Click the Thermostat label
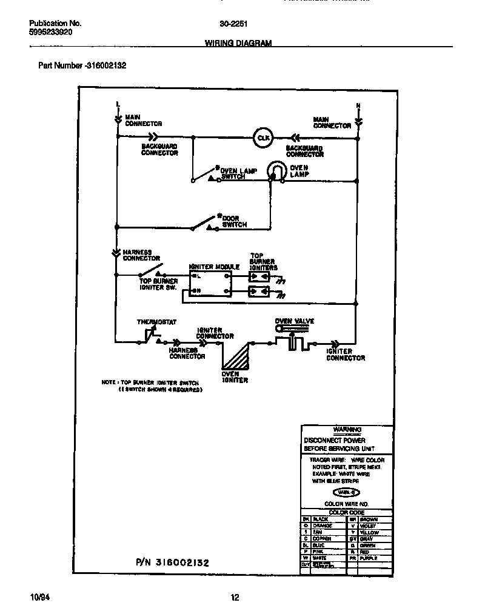pyautogui.click(x=156, y=322)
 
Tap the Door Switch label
pyautogui.click(x=235, y=221)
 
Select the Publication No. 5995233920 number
pyautogui.click(x=51, y=32)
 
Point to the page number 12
pyautogui.click(x=235, y=598)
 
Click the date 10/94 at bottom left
pyautogui.click(x=39, y=598)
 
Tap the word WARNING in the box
pyautogui.click(x=347, y=430)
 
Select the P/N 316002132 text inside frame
pyautogui.click(x=172, y=562)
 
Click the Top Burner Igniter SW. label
pyautogui.click(x=158, y=284)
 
